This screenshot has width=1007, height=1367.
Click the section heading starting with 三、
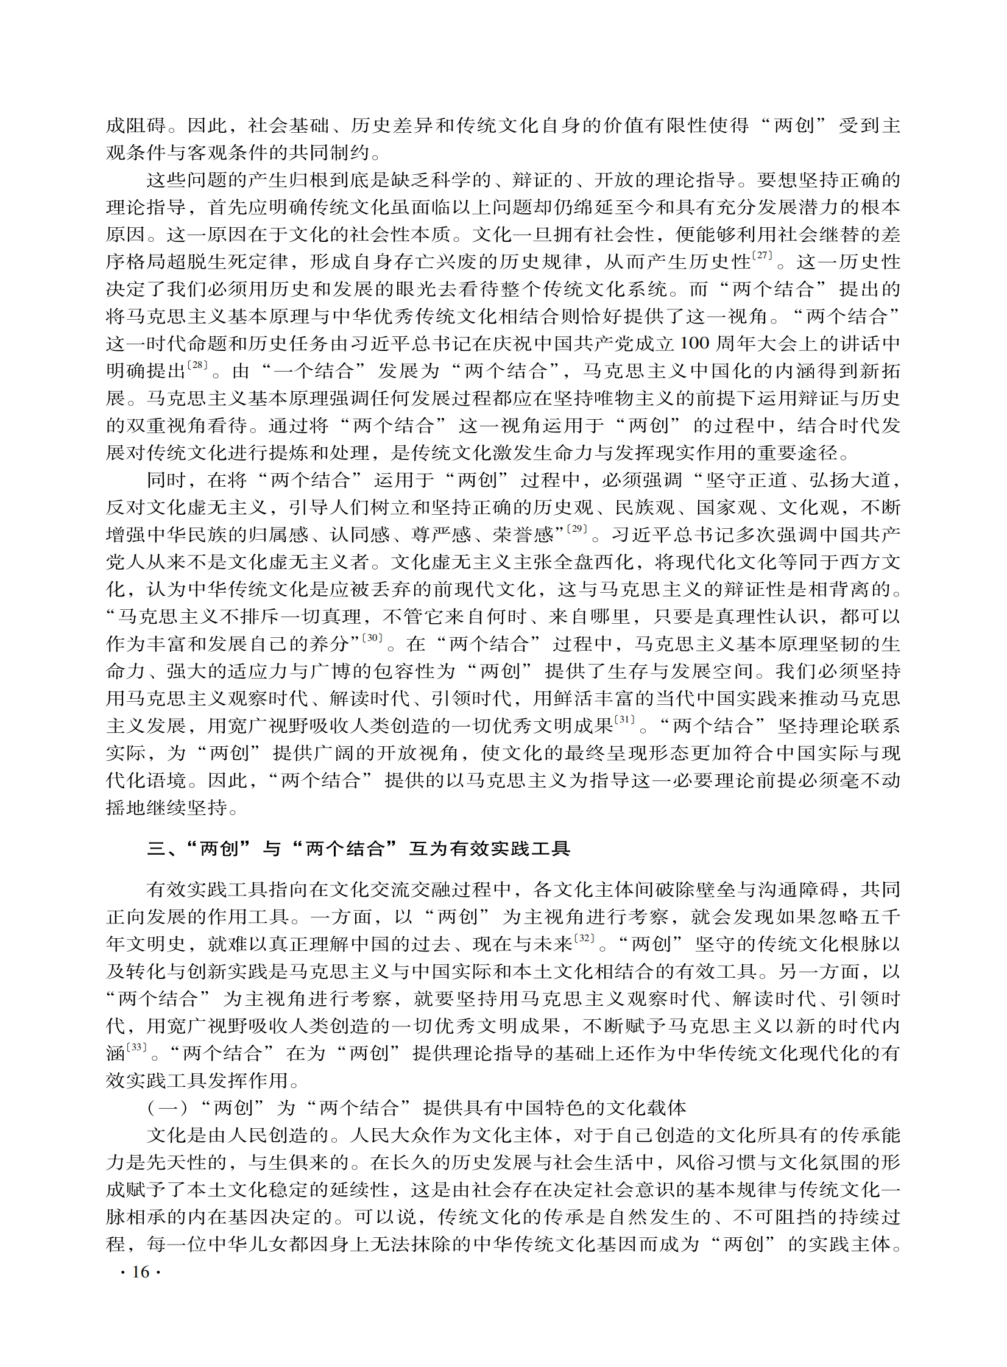(358, 849)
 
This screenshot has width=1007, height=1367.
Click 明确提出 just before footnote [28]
(146, 371)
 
